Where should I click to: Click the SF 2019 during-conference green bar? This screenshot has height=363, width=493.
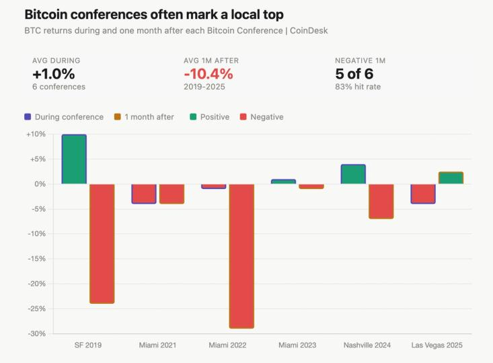pyautogui.click(x=74, y=159)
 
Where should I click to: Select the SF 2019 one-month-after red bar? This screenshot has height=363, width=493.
pyautogui.click(x=102, y=243)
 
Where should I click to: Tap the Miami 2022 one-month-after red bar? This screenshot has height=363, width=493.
pyautogui.click(x=241, y=255)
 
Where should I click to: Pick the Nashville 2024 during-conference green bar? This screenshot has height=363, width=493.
pyautogui.click(x=353, y=174)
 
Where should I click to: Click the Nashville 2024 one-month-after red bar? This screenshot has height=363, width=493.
pyautogui.click(x=381, y=201)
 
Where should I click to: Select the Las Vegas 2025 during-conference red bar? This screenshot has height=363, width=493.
pyautogui.click(x=423, y=194)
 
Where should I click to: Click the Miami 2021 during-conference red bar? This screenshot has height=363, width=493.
pyautogui.click(x=144, y=194)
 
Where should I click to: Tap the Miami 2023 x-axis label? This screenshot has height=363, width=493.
pyautogui.click(x=297, y=346)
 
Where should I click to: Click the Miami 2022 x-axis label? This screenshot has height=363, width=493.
pyautogui.click(x=227, y=346)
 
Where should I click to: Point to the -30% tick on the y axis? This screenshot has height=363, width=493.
pyautogui.click(x=35, y=333)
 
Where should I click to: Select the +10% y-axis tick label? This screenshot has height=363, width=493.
pyautogui.click(x=35, y=134)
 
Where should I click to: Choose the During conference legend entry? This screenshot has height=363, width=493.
pyautogui.click(x=64, y=117)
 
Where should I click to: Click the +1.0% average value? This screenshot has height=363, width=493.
pyautogui.click(x=54, y=74)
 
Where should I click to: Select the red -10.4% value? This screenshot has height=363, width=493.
pyautogui.click(x=208, y=74)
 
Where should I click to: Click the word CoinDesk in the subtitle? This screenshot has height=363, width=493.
pyautogui.click(x=308, y=31)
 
